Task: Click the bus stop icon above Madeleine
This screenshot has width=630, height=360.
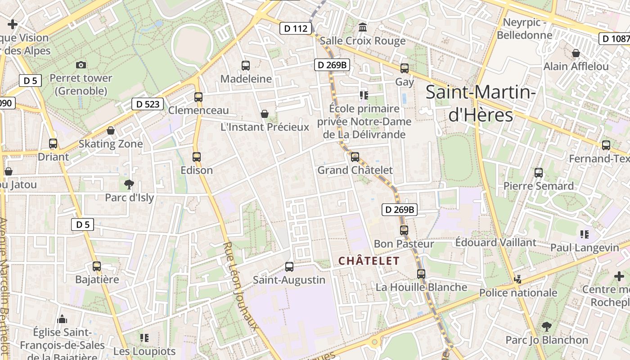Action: [x=246, y=66]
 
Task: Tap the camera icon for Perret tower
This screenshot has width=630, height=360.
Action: [x=81, y=65]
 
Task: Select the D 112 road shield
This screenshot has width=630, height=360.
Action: [x=296, y=29]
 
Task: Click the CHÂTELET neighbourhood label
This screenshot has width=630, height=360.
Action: [x=369, y=261]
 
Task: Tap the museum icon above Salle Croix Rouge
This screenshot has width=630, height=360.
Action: [x=362, y=28]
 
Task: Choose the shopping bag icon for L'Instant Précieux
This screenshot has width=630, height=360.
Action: [x=265, y=114]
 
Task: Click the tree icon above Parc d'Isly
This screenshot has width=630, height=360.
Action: [x=129, y=184]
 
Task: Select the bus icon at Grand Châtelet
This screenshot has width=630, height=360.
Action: [x=355, y=157]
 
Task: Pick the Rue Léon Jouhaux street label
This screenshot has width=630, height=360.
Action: [x=240, y=286]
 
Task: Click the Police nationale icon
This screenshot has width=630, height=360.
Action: [x=518, y=279]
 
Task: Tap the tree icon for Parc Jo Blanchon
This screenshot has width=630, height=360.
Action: [x=547, y=326]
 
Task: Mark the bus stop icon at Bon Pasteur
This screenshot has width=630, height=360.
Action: [x=404, y=230]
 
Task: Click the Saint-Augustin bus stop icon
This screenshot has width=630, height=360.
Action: [x=289, y=267]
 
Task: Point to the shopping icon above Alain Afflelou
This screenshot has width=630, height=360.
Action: [x=576, y=53]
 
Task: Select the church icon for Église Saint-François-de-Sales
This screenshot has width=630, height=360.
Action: [x=62, y=319]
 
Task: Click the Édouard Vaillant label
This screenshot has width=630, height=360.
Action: [x=495, y=243]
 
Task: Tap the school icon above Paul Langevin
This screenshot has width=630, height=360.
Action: [x=585, y=234]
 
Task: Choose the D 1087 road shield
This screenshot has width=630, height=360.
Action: [x=615, y=39]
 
